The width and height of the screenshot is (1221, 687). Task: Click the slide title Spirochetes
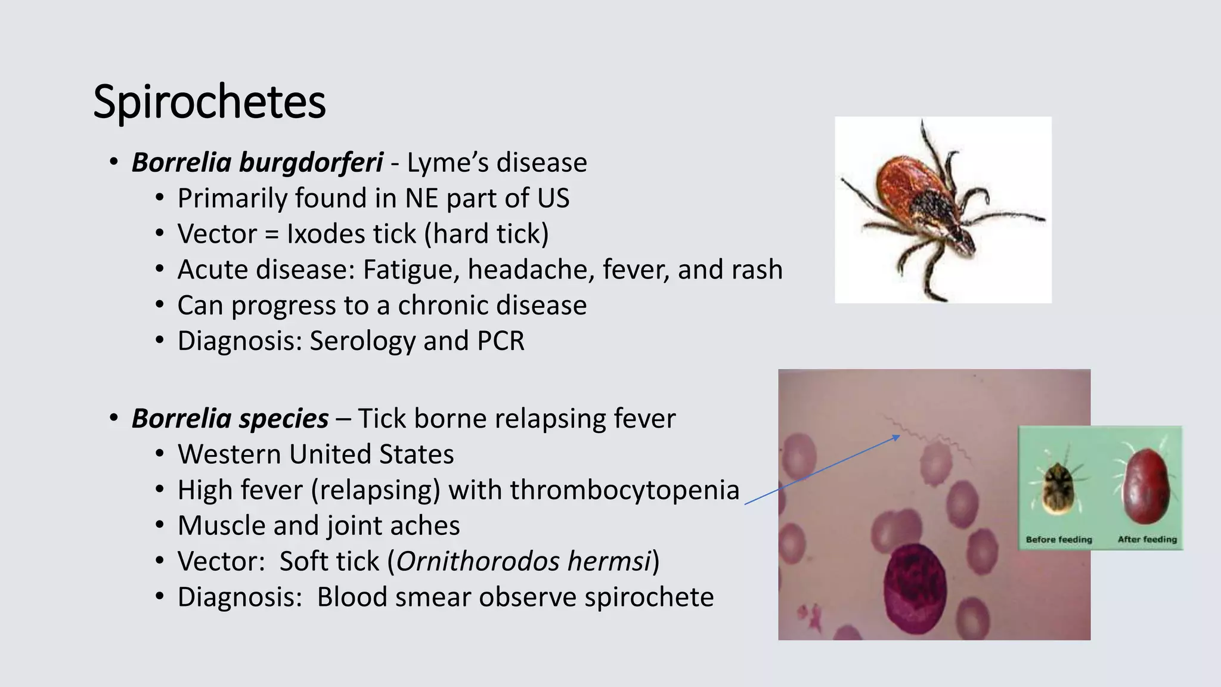click(x=209, y=102)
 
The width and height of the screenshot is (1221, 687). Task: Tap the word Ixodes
click(x=321, y=234)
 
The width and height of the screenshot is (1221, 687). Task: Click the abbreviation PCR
click(x=500, y=341)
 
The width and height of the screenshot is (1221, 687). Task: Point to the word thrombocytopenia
click(x=624, y=490)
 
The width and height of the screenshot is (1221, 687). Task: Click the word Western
click(x=229, y=454)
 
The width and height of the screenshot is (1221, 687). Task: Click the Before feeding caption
click(x=1059, y=540)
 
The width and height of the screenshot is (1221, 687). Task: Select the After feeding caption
click(x=1147, y=540)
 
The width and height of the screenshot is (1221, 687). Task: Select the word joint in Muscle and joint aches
click(x=345, y=526)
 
